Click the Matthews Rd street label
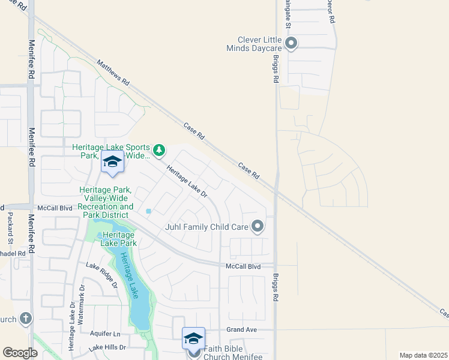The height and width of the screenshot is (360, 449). click(113, 71)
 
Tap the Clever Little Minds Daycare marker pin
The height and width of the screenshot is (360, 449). click(291, 43)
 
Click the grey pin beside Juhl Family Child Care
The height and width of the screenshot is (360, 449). click(258, 226)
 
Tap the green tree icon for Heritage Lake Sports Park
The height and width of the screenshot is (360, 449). click(158, 149)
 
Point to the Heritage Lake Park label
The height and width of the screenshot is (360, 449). click(119, 239)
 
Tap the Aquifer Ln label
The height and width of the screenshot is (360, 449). click(104, 334)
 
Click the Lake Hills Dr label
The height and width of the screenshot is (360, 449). click(107, 347)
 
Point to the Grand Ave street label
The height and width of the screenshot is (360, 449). click(241, 330)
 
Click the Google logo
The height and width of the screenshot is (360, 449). click(20, 353)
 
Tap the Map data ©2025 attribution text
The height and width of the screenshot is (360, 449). click(423, 355)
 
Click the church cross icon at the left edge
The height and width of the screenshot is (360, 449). click(25, 318)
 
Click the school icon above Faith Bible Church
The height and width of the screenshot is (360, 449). click(193, 339)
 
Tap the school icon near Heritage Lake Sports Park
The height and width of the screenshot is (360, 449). click(112, 162)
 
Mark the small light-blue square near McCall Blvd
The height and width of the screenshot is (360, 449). click(148, 211)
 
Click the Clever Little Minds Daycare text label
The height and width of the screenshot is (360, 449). click(255, 43)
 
